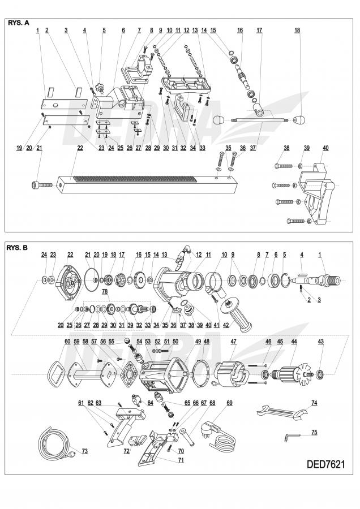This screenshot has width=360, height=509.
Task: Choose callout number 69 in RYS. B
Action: pyautogui.click(x=229, y=403)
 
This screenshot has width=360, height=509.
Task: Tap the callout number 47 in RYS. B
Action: pyautogui.click(x=233, y=342)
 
